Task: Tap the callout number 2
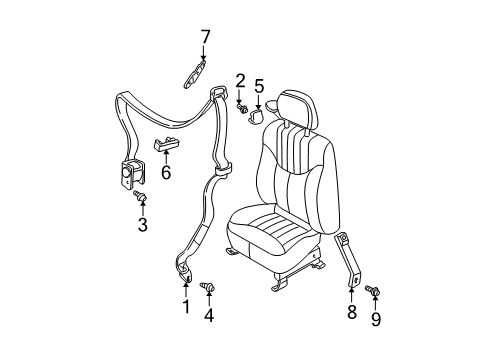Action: click(x=240, y=80)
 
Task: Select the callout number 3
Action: click(x=143, y=225)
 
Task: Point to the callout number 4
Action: click(x=208, y=317)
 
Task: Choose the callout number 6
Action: click(x=166, y=172)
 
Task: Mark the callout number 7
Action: click(x=205, y=38)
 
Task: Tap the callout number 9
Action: click(x=376, y=319)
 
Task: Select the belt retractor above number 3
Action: click(x=131, y=176)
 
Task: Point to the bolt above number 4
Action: click(x=208, y=289)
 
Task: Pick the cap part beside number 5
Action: click(x=257, y=113)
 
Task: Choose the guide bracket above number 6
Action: click(x=166, y=143)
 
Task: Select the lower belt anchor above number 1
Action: click(x=186, y=267)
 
